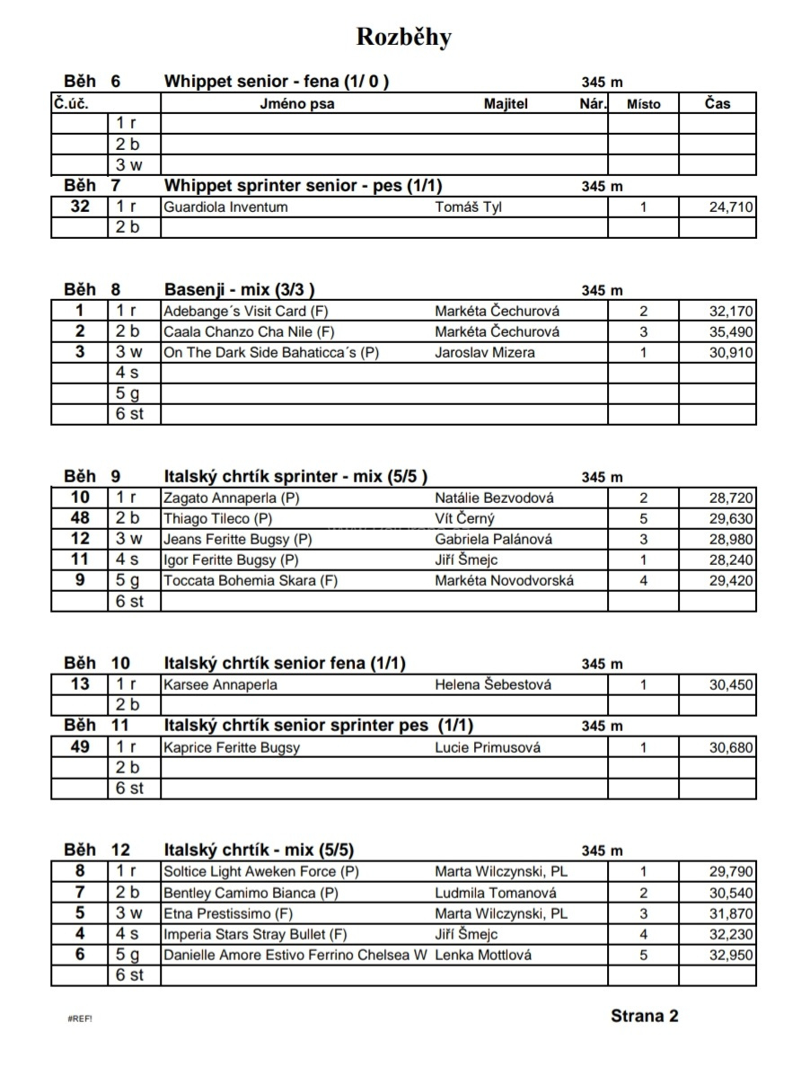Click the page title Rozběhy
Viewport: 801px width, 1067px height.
coord(404,37)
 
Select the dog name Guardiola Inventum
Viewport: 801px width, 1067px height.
coord(225,207)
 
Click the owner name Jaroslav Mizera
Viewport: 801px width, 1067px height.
coord(484,353)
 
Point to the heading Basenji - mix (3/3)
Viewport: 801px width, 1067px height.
coord(239,290)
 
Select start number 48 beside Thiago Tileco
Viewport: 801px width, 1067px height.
coord(80,518)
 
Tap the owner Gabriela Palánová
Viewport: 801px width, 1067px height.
coord(493,540)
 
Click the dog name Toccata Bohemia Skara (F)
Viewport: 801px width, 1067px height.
coord(251,581)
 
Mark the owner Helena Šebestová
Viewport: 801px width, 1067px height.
coord(493,685)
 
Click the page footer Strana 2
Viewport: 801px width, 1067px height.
coord(644,1016)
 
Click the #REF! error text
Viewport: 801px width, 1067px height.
coord(80,1019)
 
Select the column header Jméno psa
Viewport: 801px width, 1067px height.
coord(296,103)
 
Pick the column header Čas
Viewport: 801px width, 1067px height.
coord(717,103)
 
